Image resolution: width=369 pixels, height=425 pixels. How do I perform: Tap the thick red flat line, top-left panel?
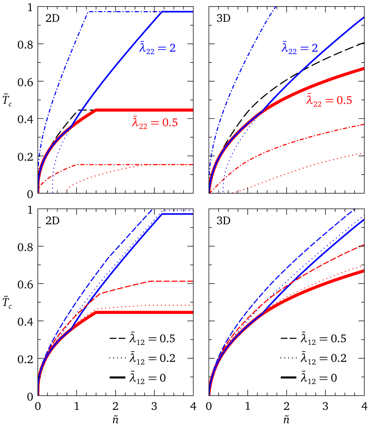point(147,109)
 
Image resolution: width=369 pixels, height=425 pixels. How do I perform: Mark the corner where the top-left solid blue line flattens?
point(162,12)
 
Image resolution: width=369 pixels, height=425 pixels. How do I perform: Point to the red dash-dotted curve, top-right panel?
point(311,136)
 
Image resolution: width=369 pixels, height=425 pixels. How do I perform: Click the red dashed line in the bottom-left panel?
point(169,281)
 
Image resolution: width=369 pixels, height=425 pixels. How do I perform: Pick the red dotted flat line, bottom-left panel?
point(169,305)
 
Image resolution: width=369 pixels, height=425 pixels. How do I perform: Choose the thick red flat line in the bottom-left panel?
point(147,312)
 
